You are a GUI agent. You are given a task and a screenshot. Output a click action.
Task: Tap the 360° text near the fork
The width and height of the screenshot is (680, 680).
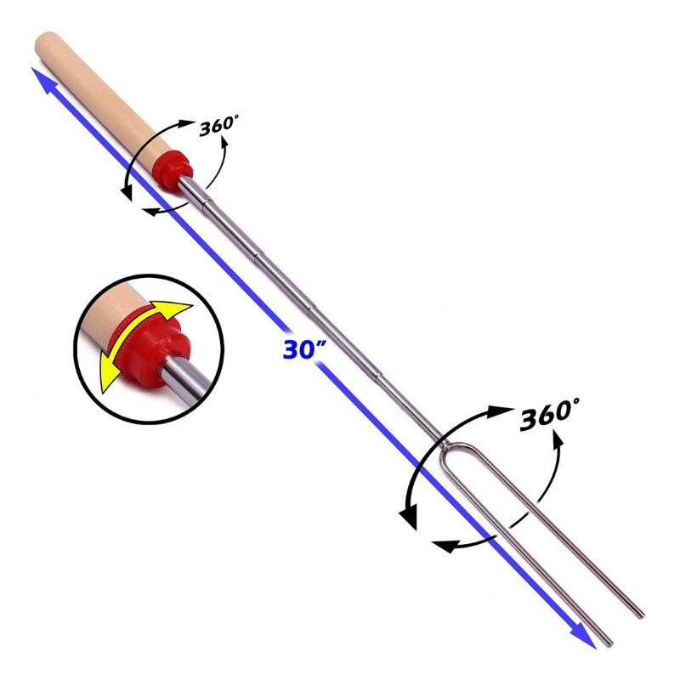click(549, 414)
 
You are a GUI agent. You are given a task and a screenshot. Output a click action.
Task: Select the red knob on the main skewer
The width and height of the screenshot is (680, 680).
click(173, 170)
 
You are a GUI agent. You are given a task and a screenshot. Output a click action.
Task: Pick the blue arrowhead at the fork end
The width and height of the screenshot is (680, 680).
click(584, 636)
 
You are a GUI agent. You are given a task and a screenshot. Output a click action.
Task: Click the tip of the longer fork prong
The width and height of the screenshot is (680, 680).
click(642, 615)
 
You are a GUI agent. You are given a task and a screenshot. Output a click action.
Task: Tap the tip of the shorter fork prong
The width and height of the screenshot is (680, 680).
click(610, 643)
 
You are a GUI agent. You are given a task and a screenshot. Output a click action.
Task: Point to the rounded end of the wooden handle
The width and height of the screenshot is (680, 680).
click(44, 42)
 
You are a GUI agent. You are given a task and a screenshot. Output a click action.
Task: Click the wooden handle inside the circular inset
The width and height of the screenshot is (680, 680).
click(112, 313)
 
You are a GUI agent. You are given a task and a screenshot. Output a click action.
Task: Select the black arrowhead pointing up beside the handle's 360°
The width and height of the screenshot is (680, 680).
click(224, 143)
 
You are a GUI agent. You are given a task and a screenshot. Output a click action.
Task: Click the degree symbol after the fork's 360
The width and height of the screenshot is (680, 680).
click(575, 401)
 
